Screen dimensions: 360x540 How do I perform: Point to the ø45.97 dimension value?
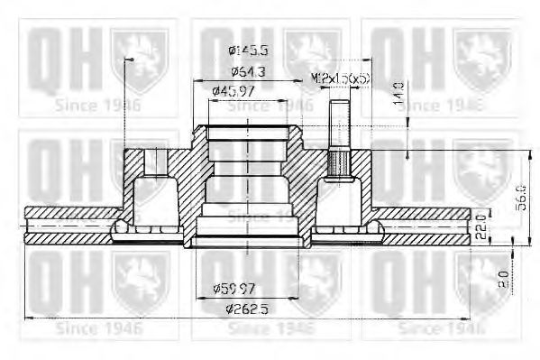233,90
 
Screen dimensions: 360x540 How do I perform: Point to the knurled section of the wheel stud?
340,164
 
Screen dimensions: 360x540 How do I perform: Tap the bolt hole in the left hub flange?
156,163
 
